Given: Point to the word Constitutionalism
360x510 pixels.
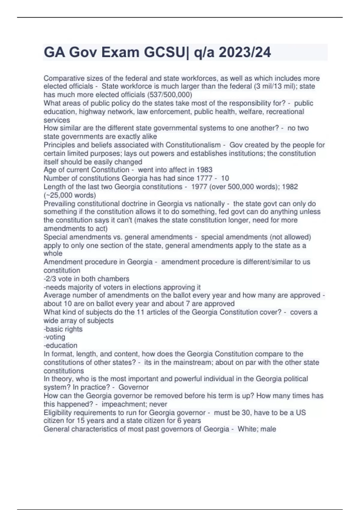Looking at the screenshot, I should [x=193, y=145].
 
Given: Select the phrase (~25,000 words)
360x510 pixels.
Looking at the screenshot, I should [x=70, y=195].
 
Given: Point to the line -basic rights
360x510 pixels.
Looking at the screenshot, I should [x=63, y=329].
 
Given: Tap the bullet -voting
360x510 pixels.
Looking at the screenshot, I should [x=54, y=337].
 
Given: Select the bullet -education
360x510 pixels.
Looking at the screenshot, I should [x=60, y=346].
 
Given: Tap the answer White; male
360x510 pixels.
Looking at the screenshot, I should [x=257, y=429].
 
